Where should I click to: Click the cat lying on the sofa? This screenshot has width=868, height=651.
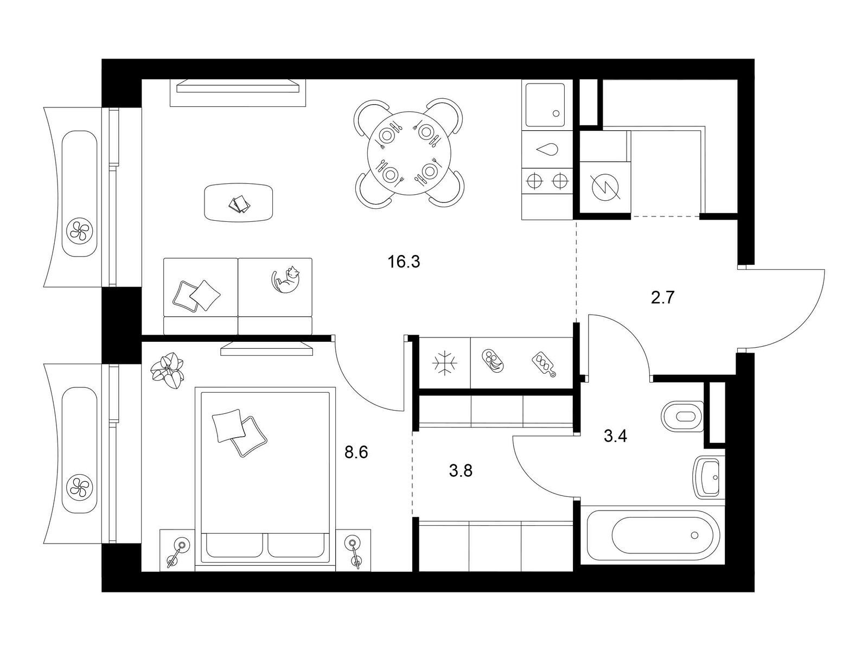pyautogui.click(x=285, y=279)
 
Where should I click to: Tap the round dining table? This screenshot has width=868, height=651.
pyautogui.click(x=409, y=153)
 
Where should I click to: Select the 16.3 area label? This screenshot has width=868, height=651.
pyautogui.click(x=404, y=261)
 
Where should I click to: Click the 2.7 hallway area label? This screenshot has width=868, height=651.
pyautogui.click(x=662, y=297)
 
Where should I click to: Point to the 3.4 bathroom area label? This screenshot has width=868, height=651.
pyautogui.click(x=615, y=436)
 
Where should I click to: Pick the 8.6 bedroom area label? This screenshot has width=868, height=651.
pyautogui.click(x=356, y=452)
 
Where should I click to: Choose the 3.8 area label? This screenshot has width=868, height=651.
pyautogui.click(x=461, y=471)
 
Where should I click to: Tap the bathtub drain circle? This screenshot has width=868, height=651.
pyautogui.click(x=694, y=535)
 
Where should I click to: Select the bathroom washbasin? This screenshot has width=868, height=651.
pyautogui.click(x=709, y=477)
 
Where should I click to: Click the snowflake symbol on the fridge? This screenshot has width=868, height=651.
pyautogui.click(x=444, y=362)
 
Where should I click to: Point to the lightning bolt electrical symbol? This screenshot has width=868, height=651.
pyautogui.click(x=605, y=188)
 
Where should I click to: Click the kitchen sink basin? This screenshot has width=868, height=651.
pyautogui.click(x=545, y=105)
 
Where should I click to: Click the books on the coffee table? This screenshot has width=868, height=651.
pyautogui.click(x=240, y=205)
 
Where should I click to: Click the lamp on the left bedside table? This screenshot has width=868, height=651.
pyautogui.click(x=177, y=552)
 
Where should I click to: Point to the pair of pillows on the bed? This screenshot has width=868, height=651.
pyautogui.click(x=239, y=432)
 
